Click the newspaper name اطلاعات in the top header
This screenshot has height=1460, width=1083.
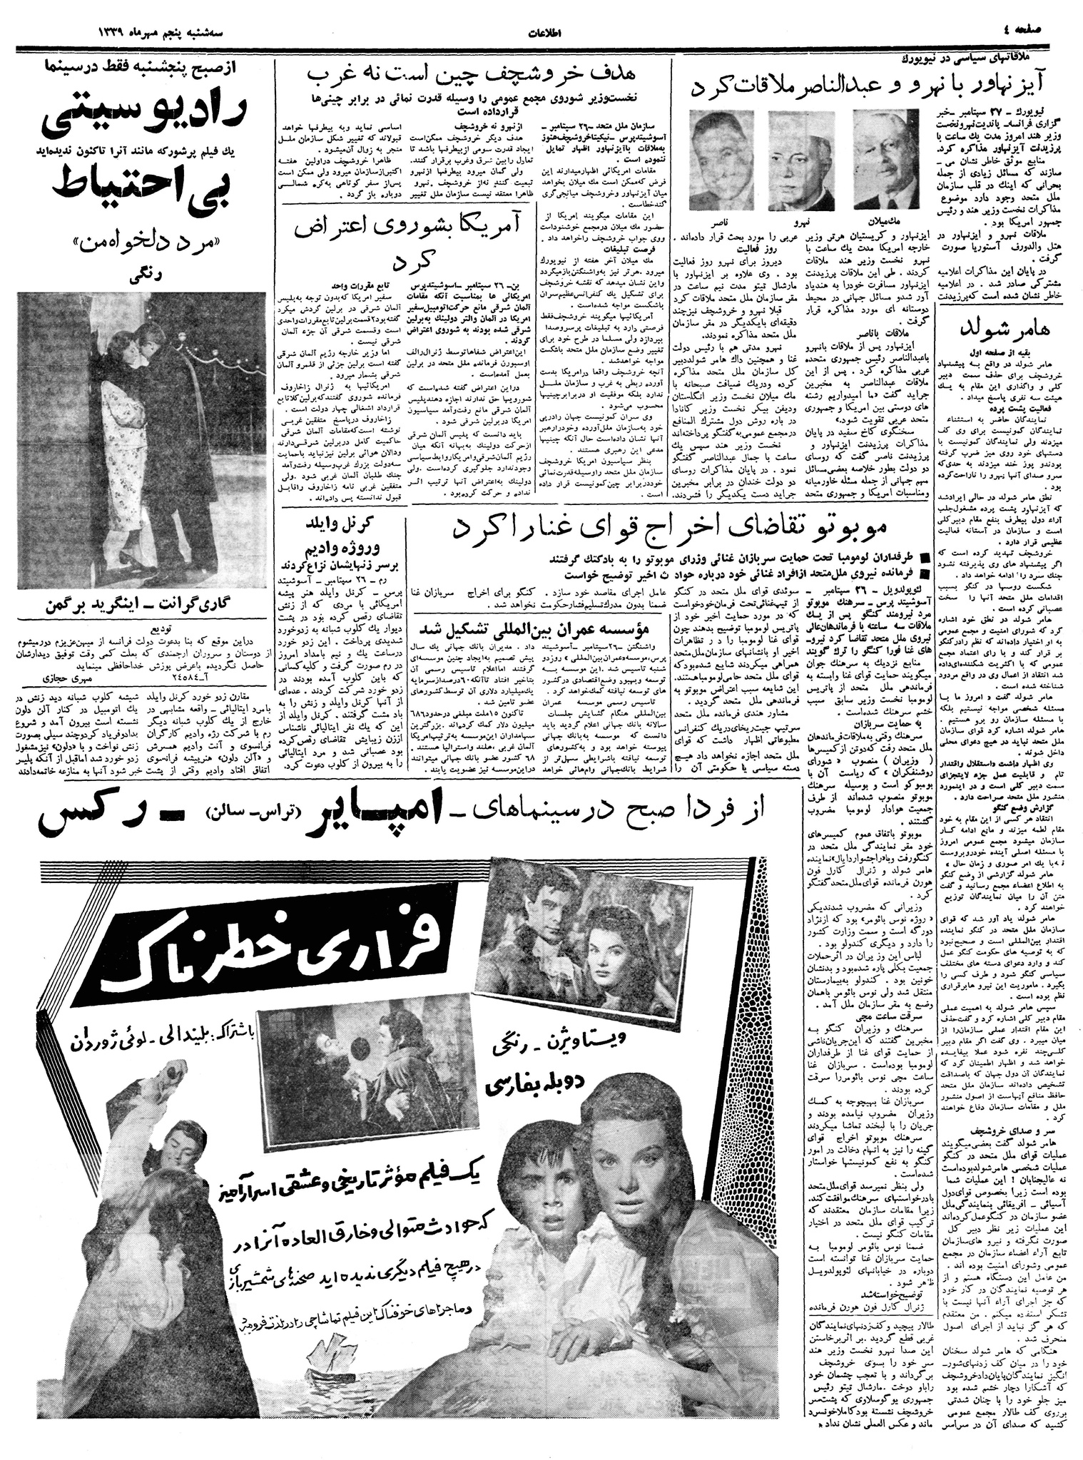pyautogui.click(x=541, y=31)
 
